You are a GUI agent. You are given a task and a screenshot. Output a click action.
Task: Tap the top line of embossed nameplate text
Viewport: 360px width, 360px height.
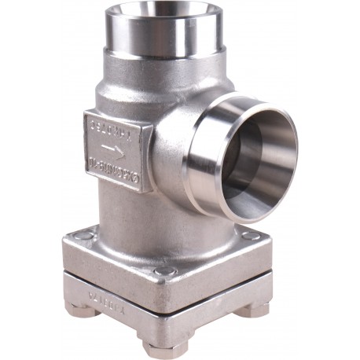coord(111,125)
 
